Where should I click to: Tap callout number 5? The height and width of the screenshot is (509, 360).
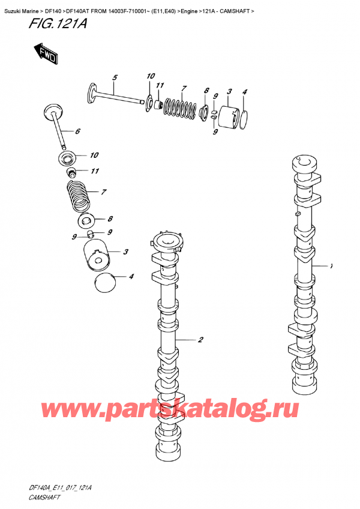pos(115,77)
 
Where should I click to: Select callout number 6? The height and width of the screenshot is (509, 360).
pos(77,131)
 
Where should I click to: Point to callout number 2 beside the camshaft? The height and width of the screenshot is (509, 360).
pos(200,340)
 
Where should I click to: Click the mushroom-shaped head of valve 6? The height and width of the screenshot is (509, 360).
pos(53,111)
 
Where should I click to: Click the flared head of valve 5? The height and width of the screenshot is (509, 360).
pos(93,91)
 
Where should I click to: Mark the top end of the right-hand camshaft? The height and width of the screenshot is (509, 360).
pos(303,163)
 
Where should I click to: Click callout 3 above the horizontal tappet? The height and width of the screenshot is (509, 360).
pos(230,91)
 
